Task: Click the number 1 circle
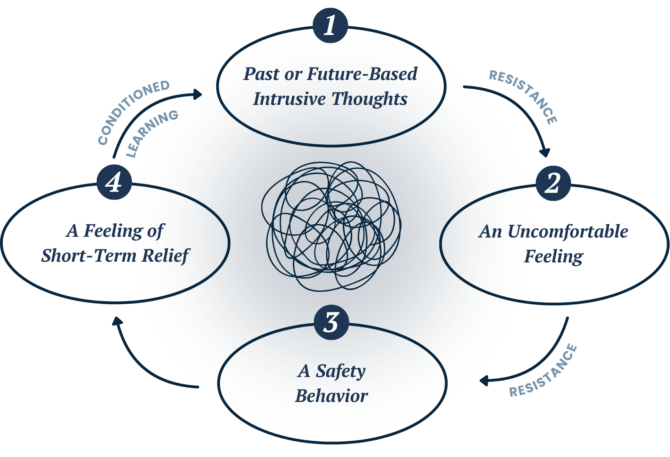point(330,26)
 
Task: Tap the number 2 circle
point(553,183)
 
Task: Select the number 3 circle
point(331,322)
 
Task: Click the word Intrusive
point(289,99)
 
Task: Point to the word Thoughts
point(369,99)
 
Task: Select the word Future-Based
point(362,74)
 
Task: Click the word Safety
point(341,371)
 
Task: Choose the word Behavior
point(331,396)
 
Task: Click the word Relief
point(166,256)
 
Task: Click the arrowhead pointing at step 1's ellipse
point(198,94)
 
